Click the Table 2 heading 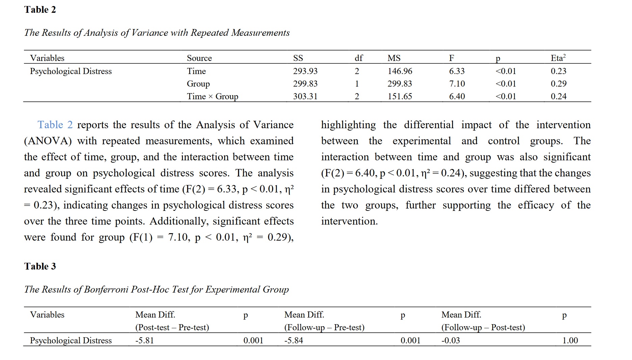[40, 9]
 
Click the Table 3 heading [40, 266]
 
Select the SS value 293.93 [305, 71]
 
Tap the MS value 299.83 [400, 84]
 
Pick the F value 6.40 [457, 96]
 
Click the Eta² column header [558, 58]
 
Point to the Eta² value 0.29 [558, 84]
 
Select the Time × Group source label [212, 96]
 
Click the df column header [359, 58]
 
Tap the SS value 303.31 [305, 96]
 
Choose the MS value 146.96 [400, 71]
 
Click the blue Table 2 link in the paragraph [55, 125]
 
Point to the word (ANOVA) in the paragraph [48, 141]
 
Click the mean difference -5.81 [144, 340]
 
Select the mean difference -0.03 [450, 340]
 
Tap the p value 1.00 [570, 340]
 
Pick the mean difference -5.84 [293, 340]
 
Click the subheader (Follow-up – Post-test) [483, 327]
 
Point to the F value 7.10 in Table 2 [457, 84]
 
